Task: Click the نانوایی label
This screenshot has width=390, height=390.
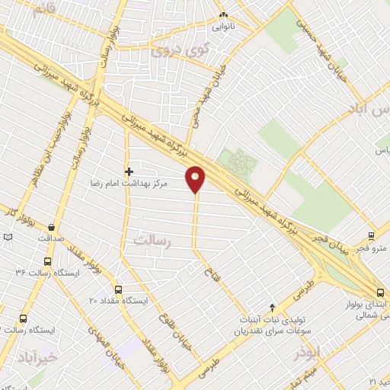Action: (223, 25)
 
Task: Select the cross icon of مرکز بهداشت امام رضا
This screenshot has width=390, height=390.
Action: (129, 171)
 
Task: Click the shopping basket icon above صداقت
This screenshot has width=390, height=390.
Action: (51, 226)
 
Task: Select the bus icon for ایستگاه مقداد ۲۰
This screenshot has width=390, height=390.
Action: (117, 289)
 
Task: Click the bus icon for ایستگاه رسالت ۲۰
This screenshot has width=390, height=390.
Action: (23, 319)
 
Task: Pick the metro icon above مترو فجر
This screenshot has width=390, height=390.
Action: (371, 236)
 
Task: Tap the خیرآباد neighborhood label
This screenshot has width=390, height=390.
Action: (36, 356)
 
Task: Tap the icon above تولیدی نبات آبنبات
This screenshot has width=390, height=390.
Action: (272, 306)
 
